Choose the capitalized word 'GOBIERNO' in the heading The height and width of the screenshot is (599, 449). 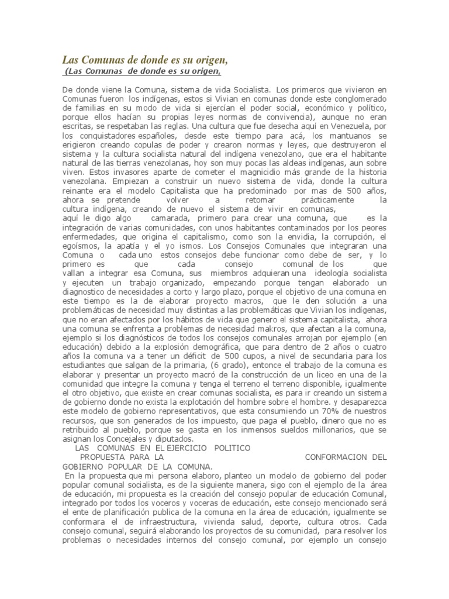point(85,466)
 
